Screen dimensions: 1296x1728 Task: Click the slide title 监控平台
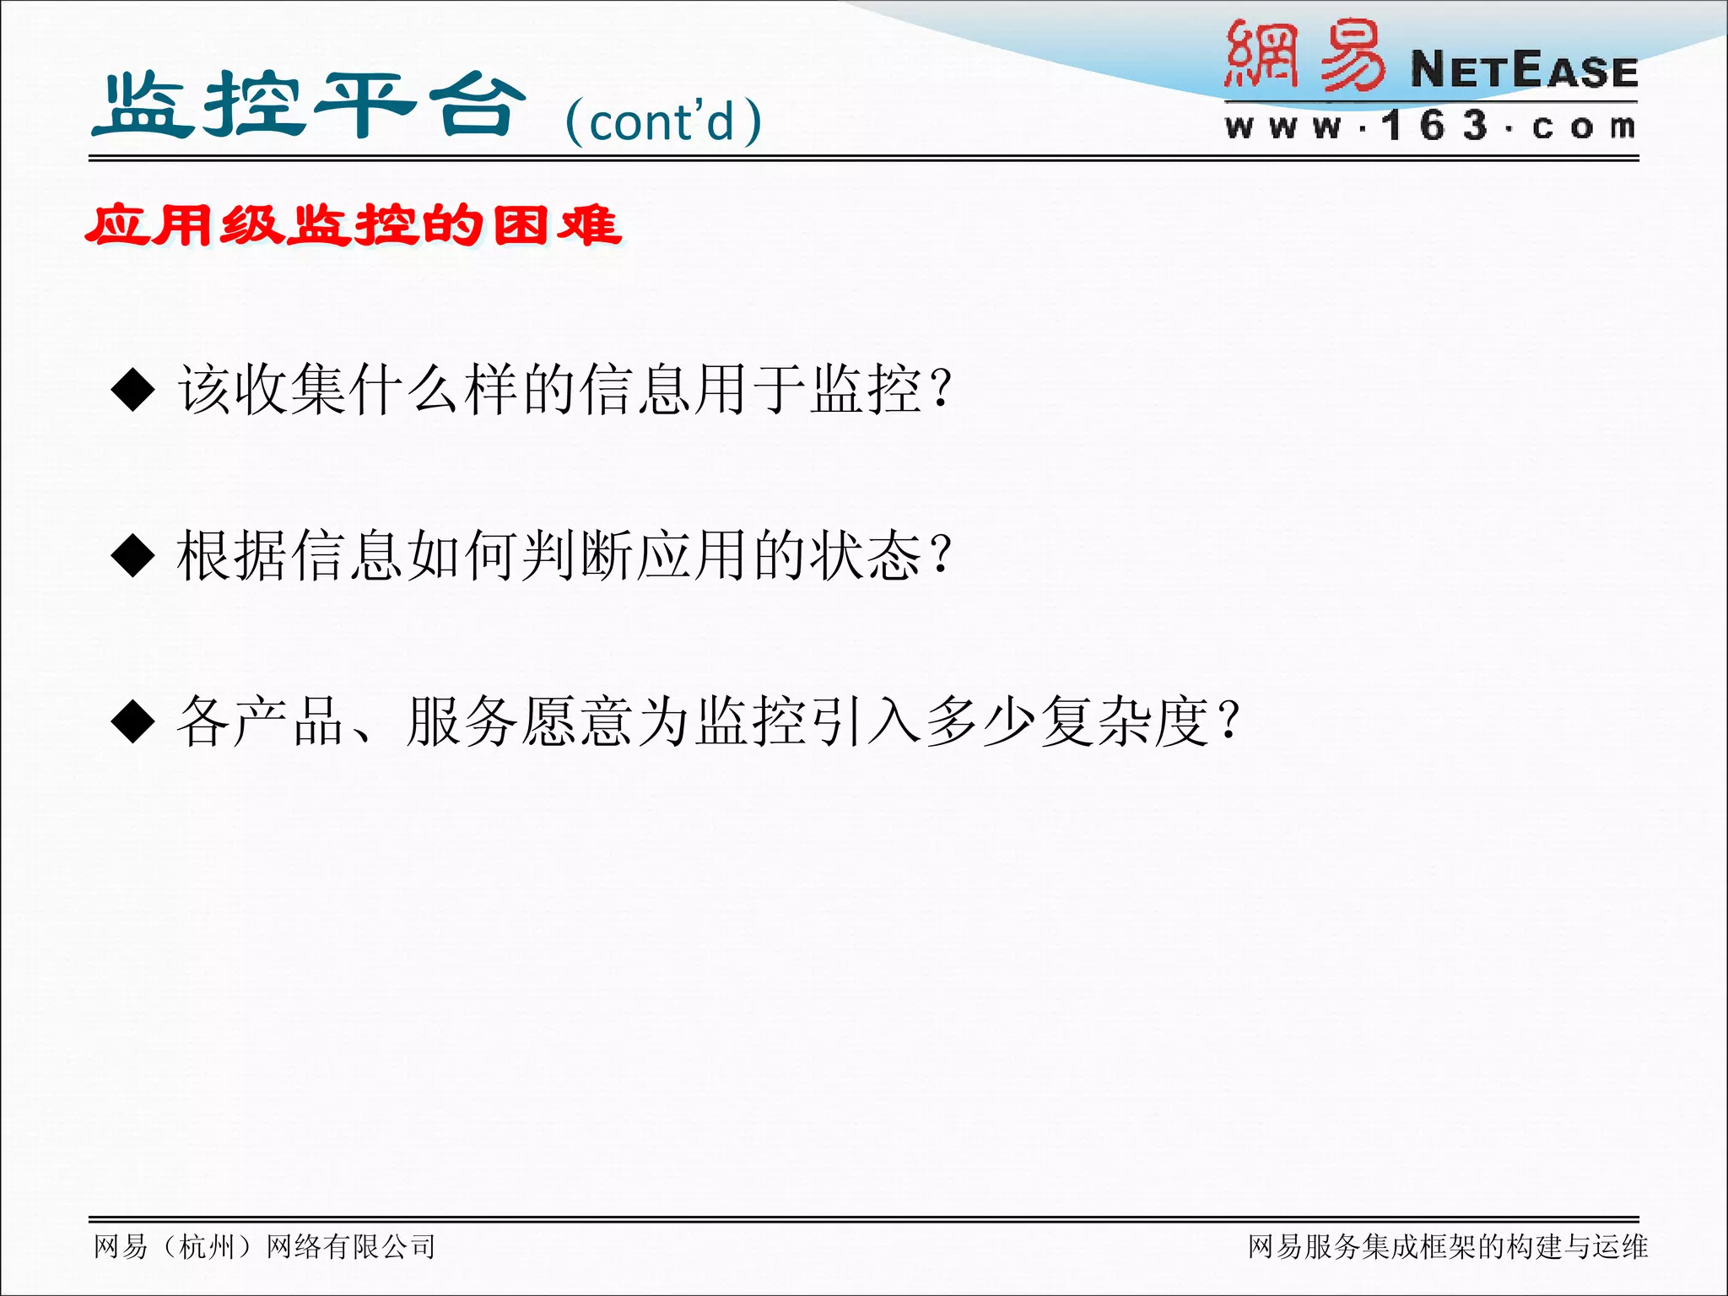[309, 105]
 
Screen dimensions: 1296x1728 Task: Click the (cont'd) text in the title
[663, 121]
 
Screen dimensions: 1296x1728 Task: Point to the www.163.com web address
[1430, 127]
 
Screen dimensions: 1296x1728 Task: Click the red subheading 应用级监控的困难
[354, 226]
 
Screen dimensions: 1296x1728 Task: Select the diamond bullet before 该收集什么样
[133, 390]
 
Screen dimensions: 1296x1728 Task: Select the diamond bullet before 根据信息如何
[133, 556]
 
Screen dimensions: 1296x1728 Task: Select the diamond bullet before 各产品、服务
[133, 722]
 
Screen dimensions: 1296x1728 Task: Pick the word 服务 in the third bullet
[462, 722]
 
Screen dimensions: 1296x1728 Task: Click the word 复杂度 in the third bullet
[1124, 722]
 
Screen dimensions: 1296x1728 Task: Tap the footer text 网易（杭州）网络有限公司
[265, 1246]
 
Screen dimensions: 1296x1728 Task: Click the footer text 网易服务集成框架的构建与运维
[1447, 1246]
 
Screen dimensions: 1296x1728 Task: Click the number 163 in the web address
[1434, 127]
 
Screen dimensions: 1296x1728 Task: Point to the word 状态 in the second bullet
[866, 556]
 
